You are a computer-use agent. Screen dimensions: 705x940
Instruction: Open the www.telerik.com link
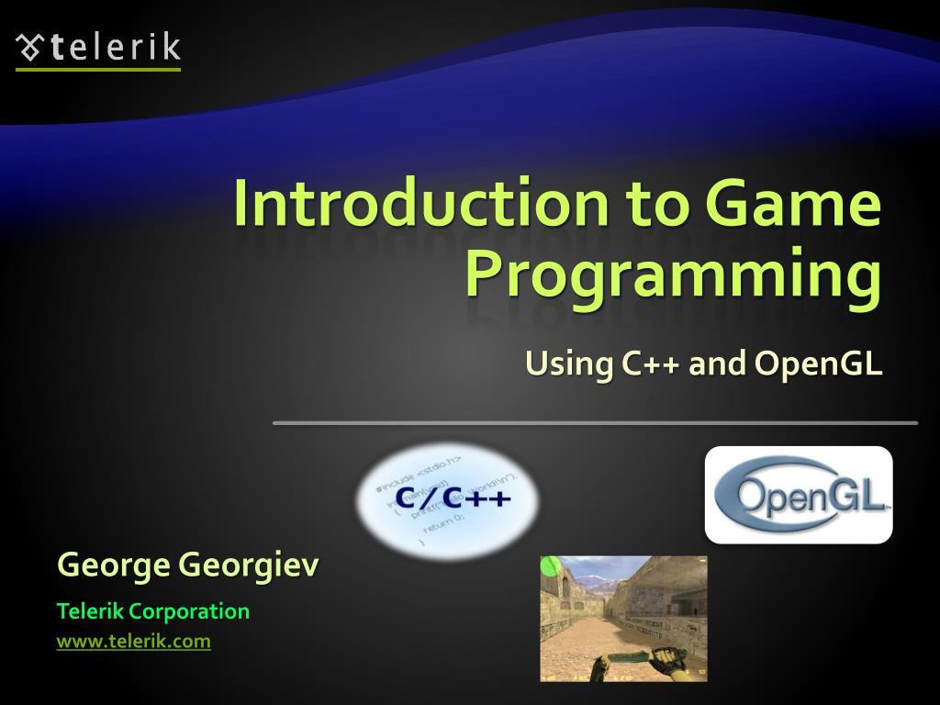tap(134, 642)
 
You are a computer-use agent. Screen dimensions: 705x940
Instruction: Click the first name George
tap(113, 565)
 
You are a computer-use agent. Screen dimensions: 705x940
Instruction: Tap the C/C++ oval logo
tap(447, 501)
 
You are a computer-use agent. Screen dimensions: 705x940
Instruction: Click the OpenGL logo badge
tap(799, 495)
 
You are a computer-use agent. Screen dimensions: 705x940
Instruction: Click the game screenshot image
tap(623, 618)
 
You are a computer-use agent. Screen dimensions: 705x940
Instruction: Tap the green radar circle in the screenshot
tap(551, 566)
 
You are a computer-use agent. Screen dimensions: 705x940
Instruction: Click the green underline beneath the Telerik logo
tap(98, 69)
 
